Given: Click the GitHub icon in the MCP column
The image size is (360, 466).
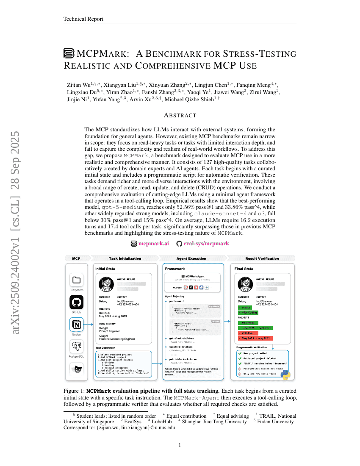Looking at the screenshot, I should click(76, 302).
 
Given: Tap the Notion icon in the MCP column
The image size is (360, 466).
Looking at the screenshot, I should click(76, 325).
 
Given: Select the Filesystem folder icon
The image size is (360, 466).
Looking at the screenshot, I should click(76, 280).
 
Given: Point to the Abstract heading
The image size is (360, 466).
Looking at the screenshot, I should click(180, 115).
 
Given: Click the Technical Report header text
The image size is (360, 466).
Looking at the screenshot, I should click(83, 19).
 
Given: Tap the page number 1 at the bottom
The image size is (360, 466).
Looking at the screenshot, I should click(180, 445).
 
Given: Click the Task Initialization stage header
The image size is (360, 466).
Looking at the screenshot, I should click(125, 258).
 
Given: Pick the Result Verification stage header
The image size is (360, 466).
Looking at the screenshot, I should click(262, 258).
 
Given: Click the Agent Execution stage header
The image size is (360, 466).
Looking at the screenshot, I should click(191, 258).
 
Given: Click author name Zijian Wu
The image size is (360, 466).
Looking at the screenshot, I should click(80, 85).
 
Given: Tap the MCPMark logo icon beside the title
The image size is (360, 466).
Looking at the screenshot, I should click(69, 54).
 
